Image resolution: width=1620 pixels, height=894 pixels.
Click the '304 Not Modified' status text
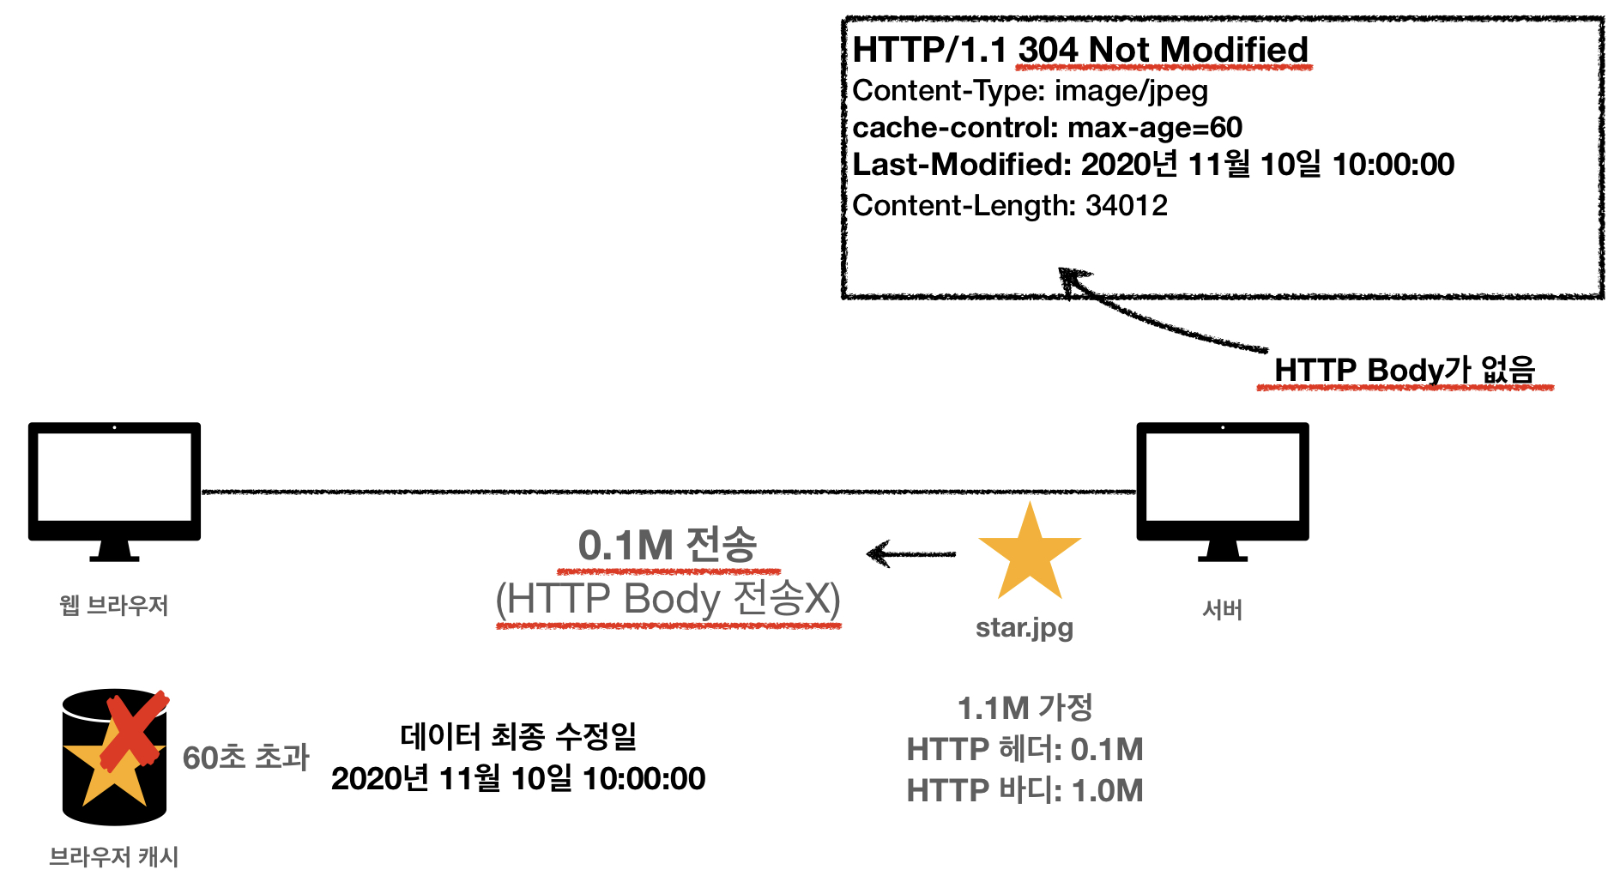[x=1163, y=50]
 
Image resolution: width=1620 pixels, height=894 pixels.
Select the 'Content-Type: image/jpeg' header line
[x=1030, y=90]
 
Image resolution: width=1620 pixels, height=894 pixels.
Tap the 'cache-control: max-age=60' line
[x=1047, y=127]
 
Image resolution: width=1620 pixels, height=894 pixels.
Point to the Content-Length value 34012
[x=1126, y=205]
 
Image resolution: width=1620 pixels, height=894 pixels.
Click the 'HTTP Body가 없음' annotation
[x=1404, y=370]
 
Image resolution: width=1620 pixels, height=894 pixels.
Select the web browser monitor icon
[x=114, y=489]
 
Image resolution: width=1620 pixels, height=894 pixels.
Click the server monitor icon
[x=1222, y=489]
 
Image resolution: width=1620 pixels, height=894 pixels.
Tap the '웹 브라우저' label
[x=114, y=606]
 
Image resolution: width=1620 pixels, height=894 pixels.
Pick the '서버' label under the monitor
[x=1222, y=610]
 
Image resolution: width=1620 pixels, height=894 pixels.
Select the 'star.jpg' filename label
[x=1025, y=627]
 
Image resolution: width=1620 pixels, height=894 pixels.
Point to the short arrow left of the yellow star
[x=910, y=554]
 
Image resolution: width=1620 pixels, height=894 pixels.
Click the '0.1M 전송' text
[x=667, y=545]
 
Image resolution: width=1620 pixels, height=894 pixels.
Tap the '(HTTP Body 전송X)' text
[x=668, y=598]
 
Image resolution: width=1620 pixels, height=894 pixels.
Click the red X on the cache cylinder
[x=133, y=731]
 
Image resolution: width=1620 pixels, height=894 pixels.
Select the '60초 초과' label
[x=245, y=757]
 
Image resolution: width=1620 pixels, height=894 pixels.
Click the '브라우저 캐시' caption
[x=114, y=856]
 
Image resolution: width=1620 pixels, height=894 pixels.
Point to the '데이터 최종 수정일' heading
[x=518, y=735]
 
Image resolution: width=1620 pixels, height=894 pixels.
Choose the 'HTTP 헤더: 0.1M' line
[x=1025, y=749]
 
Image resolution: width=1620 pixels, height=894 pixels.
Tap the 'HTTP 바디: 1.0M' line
[x=1025, y=790]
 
